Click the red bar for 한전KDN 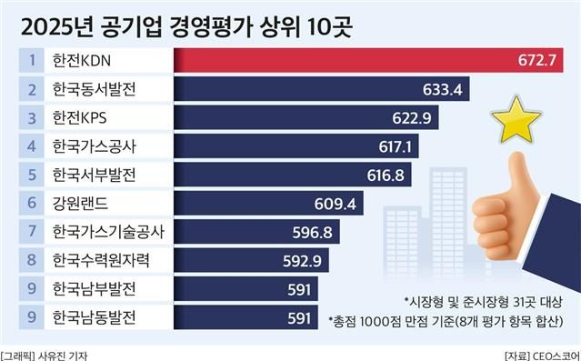[x=364, y=61]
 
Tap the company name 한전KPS [x=82, y=117]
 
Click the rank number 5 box [x=31, y=174]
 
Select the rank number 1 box [x=31, y=61]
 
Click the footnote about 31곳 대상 [x=480, y=300]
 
